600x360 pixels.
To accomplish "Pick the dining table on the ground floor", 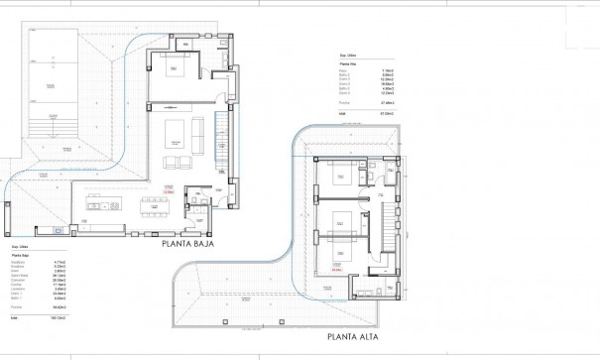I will point(155,206).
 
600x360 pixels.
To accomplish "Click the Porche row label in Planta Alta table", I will point(342,102).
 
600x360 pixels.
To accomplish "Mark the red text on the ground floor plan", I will point(170,192).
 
